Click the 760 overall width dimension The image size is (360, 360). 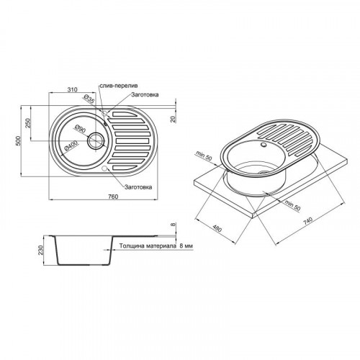113,197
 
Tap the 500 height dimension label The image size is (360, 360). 18,141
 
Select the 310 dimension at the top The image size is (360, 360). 72,90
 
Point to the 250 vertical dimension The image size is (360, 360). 28,123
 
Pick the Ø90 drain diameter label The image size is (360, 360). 80,129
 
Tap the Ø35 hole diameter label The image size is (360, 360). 89,99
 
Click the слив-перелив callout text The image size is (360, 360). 119,86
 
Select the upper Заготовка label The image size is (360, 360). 145,95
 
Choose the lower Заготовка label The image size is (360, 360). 138,187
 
